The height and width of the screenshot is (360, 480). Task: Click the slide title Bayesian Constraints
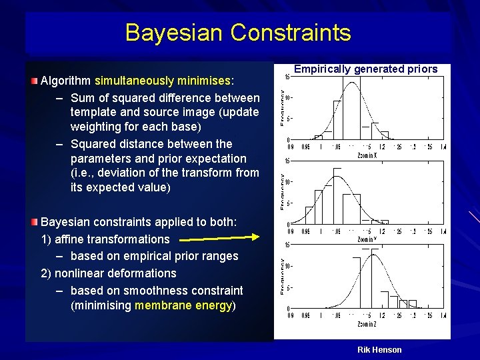(x=237, y=33)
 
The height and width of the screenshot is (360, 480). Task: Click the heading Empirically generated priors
(x=365, y=69)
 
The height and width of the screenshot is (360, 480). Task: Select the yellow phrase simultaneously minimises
(x=162, y=81)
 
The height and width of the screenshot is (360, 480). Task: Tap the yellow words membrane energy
(x=183, y=306)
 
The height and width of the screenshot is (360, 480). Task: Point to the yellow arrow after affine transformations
(x=220, y=237)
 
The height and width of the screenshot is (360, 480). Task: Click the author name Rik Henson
(x=379, y=350)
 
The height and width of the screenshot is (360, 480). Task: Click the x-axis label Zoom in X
(x=367, y=156)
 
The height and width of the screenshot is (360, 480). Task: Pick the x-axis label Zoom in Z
(x=367, y=325)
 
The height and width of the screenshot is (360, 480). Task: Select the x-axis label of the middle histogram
(x=367, y=239)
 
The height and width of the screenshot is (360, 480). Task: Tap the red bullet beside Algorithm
(x=35, y=81)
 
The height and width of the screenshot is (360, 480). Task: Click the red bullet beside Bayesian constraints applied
(x=35, y=221)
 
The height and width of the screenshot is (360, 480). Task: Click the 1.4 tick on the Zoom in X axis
(x=443, y=147)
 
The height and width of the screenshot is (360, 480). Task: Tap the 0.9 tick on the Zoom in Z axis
(x=290, y=317)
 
